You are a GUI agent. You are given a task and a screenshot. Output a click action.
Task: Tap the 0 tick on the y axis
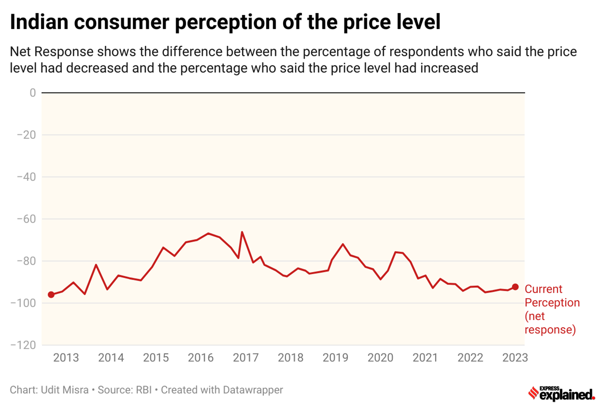[32, 93]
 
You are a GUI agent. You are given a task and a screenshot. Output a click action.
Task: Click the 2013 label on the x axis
[66, 358]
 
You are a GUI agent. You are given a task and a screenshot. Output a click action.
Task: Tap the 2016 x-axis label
[201, 358]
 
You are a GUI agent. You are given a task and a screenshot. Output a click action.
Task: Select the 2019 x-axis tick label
[335, 358]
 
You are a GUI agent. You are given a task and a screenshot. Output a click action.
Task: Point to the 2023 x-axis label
[514, 358]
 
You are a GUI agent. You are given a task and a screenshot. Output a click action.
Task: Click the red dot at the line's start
[51, 295]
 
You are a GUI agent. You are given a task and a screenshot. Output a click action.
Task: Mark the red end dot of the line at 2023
[515, 287]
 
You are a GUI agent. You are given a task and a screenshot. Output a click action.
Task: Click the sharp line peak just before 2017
[242, 232]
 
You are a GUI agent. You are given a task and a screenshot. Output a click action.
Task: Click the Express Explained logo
[561, 394]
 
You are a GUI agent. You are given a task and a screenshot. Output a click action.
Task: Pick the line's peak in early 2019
[343, 244]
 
